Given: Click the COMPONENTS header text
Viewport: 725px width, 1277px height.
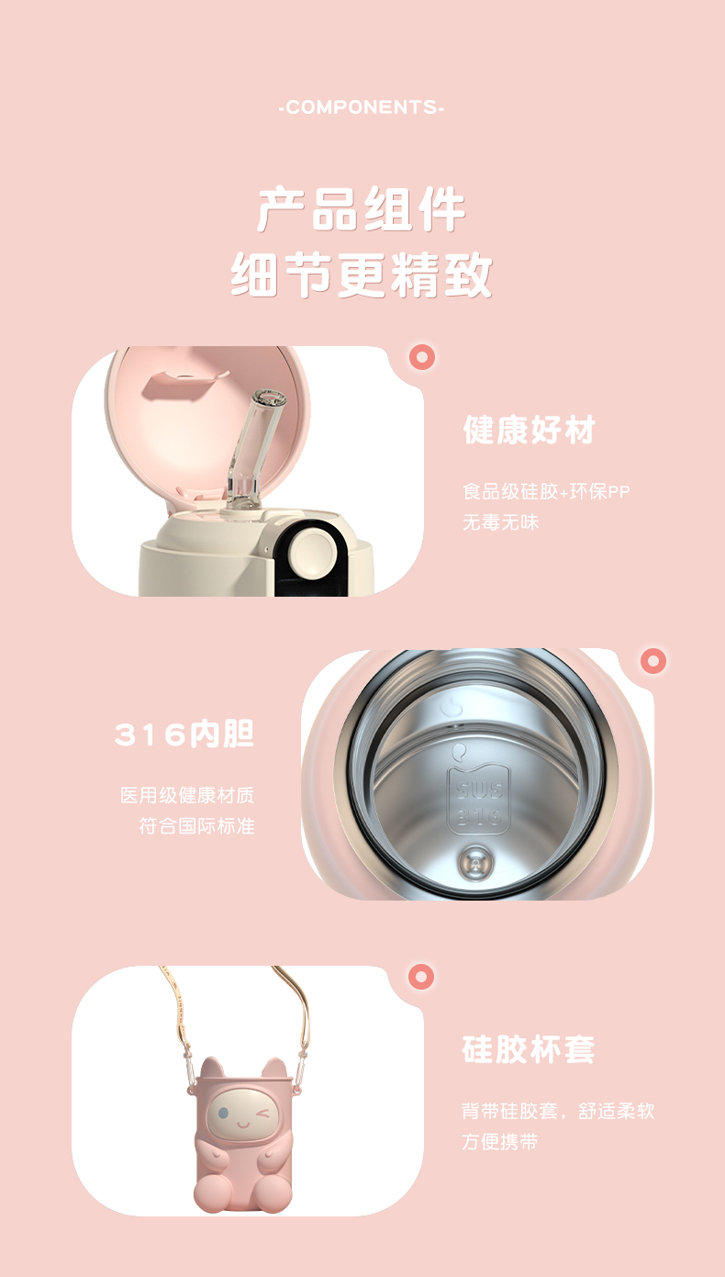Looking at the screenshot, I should pos(362,108).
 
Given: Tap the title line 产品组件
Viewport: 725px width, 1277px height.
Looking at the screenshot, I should pos(362,210).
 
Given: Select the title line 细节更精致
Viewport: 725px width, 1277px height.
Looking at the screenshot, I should pos(362,274).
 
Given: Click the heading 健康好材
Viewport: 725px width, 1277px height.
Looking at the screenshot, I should pos(530,430).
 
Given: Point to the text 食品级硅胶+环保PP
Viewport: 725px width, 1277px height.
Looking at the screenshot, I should pos(546,491).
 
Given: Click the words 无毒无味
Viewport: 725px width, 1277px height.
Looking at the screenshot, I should pos(500,522).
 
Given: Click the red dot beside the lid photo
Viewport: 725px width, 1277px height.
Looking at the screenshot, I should pos(422,357).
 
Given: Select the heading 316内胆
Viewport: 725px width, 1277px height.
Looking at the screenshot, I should pos(184,734).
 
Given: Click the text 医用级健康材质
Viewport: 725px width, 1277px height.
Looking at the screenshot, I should pos(187,795).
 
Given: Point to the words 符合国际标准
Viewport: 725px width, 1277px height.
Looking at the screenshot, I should pos(196,825).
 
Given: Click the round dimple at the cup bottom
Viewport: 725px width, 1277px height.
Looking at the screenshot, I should pos(475,860).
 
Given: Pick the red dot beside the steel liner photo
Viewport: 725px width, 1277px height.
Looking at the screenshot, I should pos(652,660).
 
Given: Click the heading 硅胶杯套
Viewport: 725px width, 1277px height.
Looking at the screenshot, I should pos(529,1049).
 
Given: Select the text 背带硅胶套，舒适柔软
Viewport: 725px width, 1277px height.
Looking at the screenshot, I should pos(558,1111).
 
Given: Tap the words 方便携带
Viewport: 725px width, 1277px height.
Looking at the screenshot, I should pos(500,1142).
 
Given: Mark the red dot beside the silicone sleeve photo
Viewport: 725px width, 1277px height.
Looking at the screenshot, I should pos(421,977).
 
